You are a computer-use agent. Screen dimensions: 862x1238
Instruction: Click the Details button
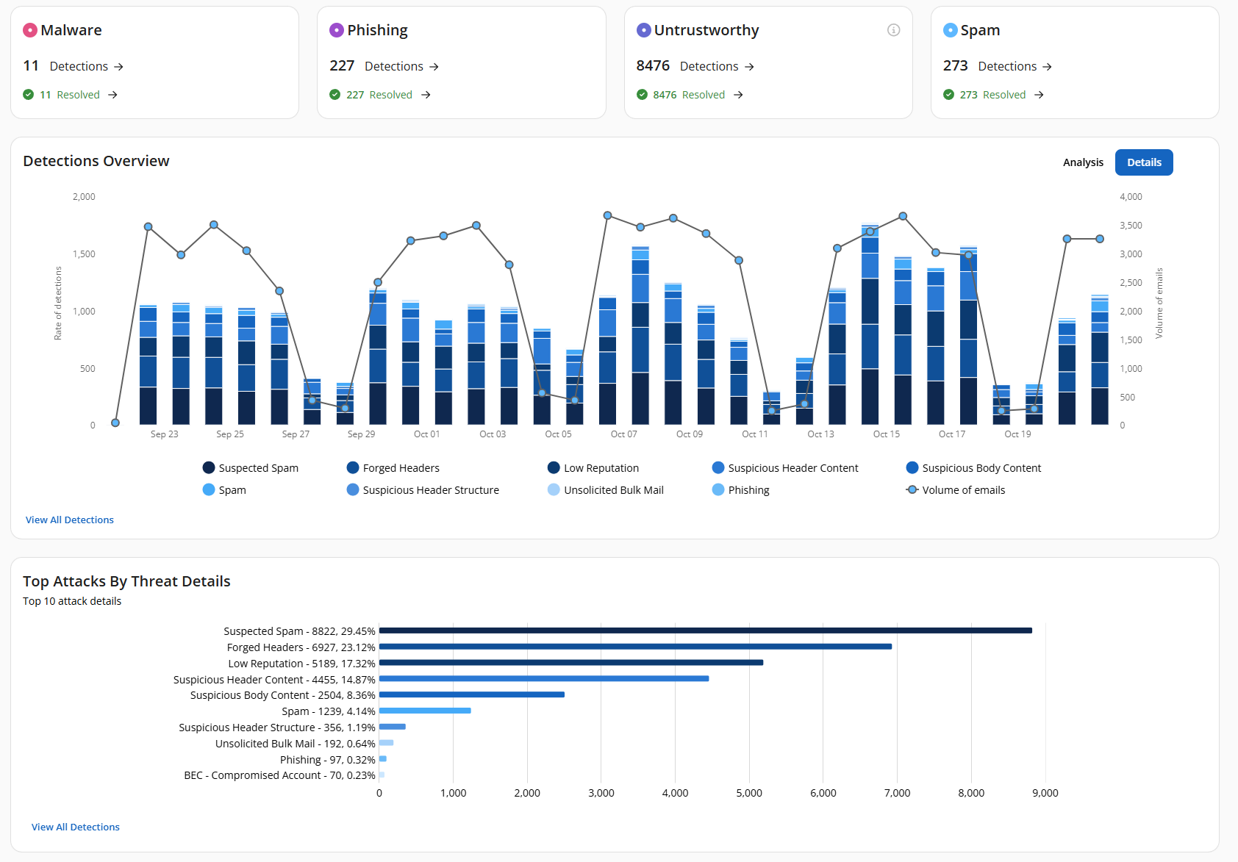[x=1143, y=162]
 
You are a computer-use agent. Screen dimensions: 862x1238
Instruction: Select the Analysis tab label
[x=1082, y=162]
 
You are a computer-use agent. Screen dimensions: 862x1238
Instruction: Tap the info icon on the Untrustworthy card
[x=893, y=30]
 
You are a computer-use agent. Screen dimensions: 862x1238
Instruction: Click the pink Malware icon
[x=30, y=30]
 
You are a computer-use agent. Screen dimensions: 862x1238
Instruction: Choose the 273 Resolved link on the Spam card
[x=992, y=95]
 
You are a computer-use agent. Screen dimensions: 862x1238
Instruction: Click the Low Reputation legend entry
[x=601, y=468]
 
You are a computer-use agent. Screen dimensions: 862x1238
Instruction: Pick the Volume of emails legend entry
[x=963, y=490]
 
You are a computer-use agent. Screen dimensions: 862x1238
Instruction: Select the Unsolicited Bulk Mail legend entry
[x=613, y=490]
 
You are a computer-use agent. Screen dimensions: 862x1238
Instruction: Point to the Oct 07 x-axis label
[x=623, y=434]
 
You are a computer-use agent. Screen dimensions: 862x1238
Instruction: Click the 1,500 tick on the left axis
[x=84, y=254]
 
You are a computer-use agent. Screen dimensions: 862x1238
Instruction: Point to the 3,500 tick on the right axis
[x=1131, y=226]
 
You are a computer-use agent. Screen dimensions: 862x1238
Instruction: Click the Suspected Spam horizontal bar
[x=705, y=631]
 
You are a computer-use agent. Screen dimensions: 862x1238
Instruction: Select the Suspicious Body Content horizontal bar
[x=471, y=694]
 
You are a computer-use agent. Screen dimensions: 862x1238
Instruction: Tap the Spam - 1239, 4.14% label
[x=328, y=711]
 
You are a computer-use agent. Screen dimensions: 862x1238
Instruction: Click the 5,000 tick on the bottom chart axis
[x=748, y=793]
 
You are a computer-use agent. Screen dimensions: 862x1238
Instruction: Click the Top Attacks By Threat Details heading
[x=126, y=581]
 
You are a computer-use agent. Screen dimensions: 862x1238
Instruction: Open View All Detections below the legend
[x=70, y=520]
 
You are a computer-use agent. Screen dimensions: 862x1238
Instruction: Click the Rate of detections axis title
[x=58, y=303]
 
